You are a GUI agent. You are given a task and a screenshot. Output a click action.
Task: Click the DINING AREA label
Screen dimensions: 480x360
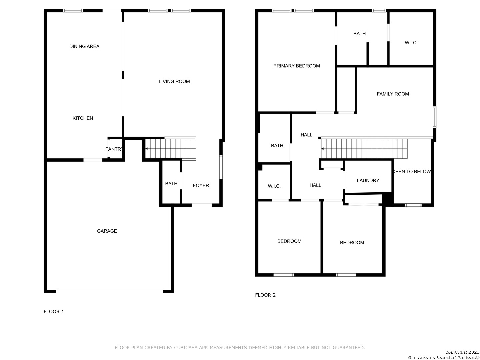point(84,46)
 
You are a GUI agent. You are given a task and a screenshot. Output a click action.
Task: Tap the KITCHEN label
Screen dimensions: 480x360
point(83,118)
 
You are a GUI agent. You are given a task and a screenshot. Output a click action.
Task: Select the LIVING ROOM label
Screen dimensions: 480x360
point(174,81)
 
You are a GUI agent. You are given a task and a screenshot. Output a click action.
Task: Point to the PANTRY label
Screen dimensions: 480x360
point(113,149)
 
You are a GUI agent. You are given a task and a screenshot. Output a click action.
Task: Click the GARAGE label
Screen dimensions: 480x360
point(107,231)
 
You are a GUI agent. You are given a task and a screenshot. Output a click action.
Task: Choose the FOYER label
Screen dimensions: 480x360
point(201,185)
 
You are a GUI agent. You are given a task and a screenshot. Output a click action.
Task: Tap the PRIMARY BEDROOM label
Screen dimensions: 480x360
point(296,66)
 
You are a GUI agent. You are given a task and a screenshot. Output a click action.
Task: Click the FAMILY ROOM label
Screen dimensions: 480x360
point(393,94)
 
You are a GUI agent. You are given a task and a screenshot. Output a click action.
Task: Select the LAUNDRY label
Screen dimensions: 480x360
point(368,180)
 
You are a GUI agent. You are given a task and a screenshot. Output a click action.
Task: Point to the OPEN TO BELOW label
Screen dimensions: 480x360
point(412,172)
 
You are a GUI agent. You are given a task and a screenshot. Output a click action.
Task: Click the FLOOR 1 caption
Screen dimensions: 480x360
point(54,311)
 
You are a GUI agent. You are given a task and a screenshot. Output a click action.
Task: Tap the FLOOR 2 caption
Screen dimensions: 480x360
point(265,295)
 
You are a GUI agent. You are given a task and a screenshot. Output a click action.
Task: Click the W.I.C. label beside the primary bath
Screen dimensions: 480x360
point(411,43)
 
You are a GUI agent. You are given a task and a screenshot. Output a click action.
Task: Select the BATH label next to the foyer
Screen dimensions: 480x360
point(171,184)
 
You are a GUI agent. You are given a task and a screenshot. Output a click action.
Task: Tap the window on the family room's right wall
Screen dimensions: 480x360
point(435,117)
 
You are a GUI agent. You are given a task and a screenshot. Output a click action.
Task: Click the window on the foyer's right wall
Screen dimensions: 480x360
point(221,167)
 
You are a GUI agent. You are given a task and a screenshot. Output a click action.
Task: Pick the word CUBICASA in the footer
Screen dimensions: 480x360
point(185,348)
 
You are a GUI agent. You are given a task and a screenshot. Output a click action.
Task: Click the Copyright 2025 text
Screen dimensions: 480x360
point(462,352)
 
